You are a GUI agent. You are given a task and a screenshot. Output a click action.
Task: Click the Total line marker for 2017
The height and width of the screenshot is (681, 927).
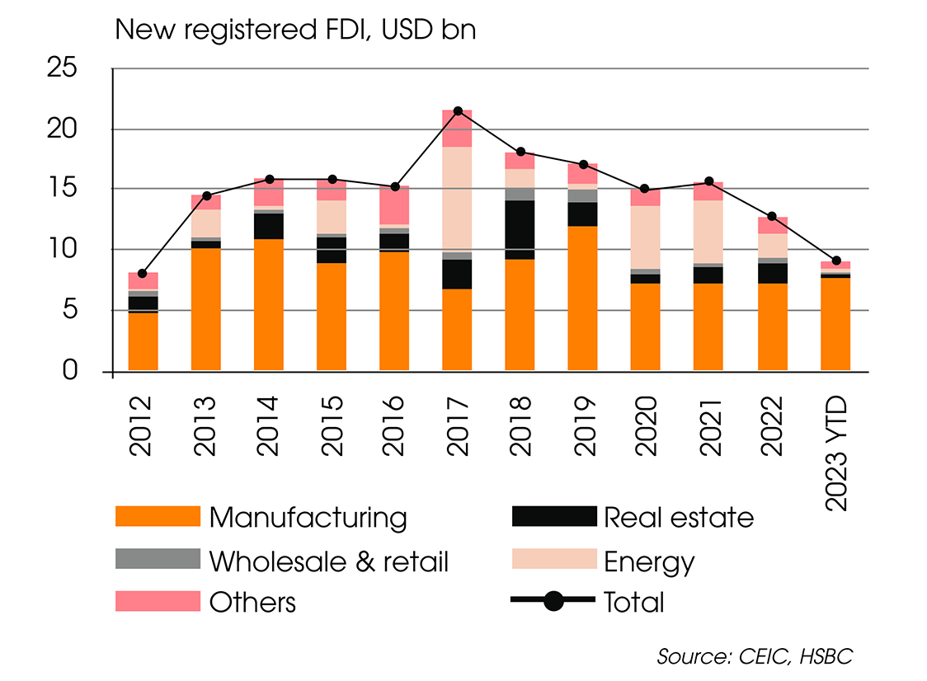pos(458,110)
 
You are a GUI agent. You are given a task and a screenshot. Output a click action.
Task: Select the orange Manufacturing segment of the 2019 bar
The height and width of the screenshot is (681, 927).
pos(583,298)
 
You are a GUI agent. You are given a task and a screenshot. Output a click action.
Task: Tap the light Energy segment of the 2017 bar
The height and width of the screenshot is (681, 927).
pos(458,199)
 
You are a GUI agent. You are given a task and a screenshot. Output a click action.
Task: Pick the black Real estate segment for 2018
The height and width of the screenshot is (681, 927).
pos(520,230)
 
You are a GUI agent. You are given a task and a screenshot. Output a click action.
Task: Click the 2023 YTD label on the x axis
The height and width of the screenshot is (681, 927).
pos(835,449)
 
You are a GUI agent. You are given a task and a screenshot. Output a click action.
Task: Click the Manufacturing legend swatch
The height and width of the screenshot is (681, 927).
pos(158,517)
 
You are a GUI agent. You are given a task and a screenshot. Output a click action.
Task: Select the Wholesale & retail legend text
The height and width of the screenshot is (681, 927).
pos(328,561)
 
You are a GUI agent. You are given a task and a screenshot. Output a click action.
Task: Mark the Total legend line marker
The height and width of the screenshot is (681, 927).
pos(553,601)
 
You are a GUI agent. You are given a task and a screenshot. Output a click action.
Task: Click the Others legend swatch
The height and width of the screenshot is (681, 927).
pos(158,601)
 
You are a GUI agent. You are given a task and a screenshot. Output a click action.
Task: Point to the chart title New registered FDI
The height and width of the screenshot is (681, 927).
pos(295,30)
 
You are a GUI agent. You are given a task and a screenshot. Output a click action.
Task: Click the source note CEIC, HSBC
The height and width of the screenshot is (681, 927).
pos(755,656)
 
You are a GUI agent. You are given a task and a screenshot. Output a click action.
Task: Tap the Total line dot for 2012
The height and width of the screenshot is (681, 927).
pos(143,273)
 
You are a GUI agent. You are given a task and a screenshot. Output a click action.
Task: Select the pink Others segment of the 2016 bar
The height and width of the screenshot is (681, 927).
pos(394,204)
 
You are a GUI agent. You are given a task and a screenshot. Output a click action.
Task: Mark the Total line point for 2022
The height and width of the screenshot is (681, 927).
pos(771,216)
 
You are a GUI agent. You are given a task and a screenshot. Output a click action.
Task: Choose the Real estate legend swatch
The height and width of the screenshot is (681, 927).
pos(553,517)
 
